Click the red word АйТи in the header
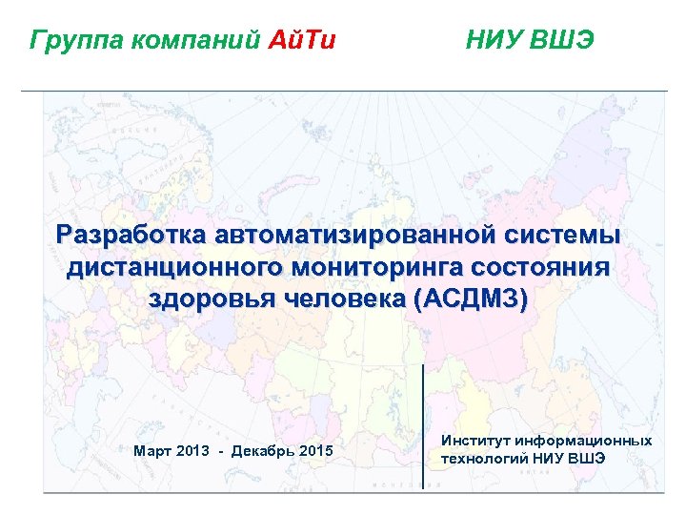[303, 41]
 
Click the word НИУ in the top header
[495, 41]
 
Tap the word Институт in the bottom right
[475, 441]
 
